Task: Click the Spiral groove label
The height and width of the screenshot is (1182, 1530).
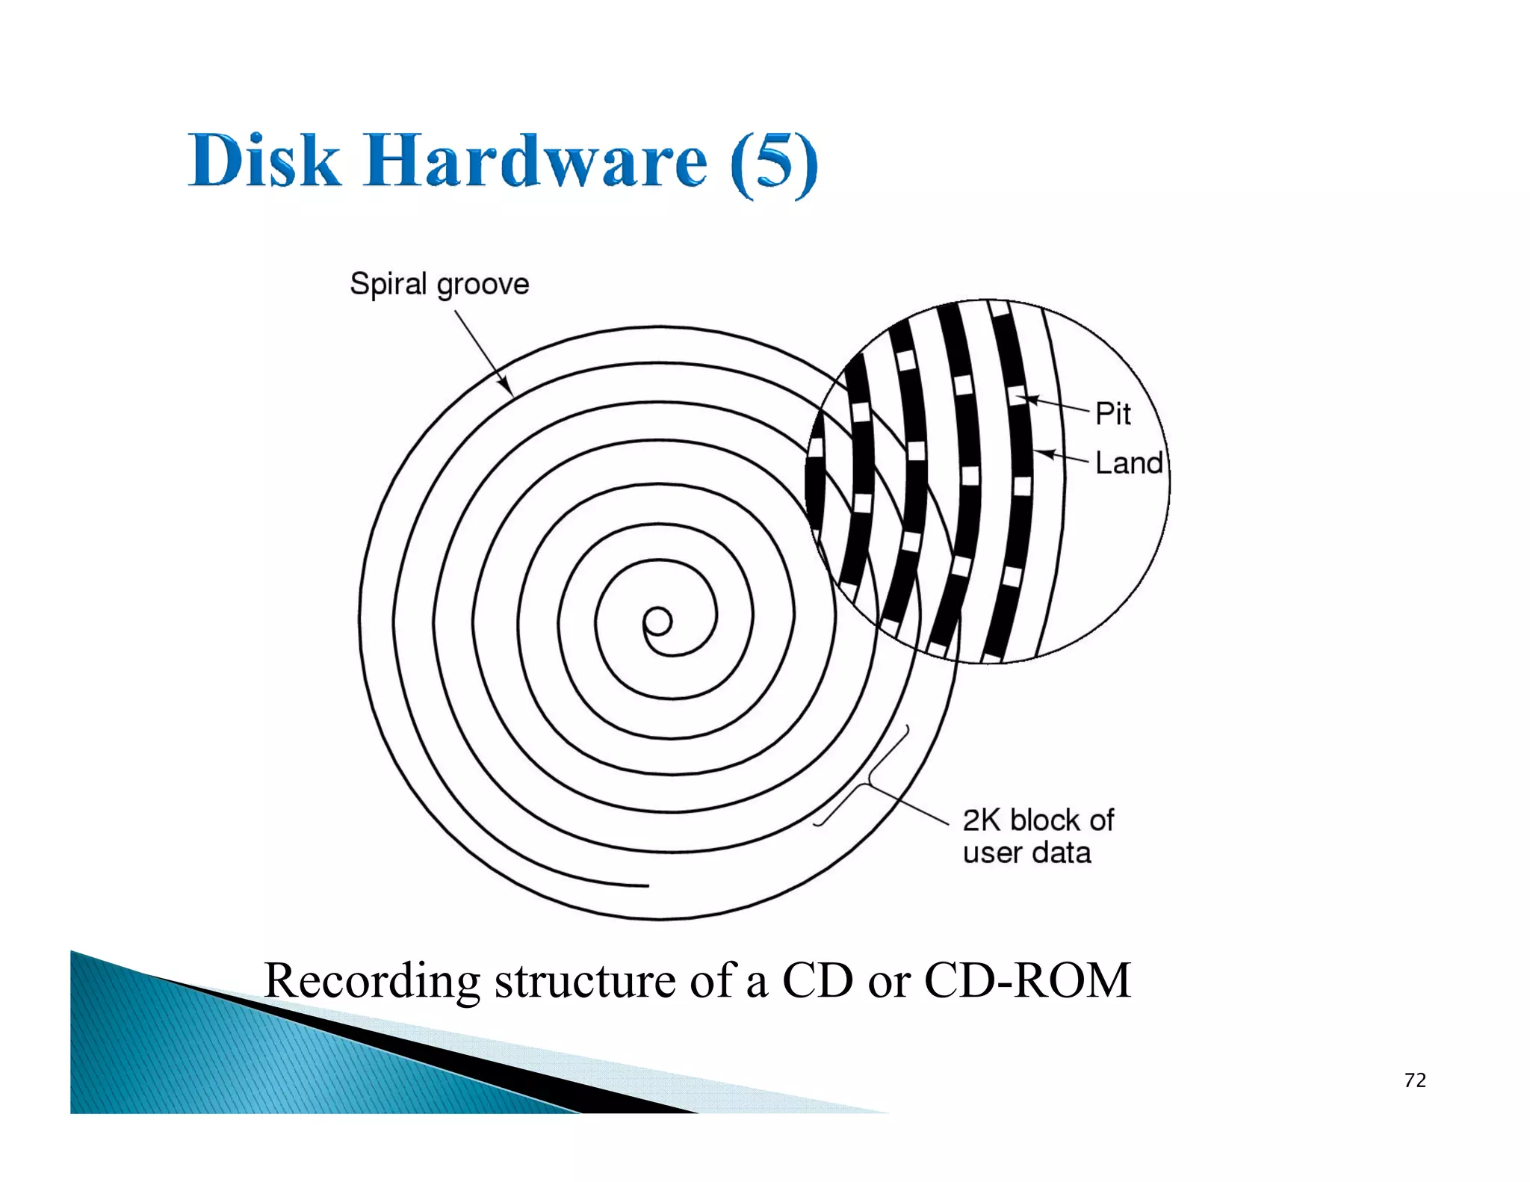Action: (439, 285)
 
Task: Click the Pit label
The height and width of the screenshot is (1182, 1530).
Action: (1112, 414)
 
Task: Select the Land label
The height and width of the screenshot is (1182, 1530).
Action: (1128, 463)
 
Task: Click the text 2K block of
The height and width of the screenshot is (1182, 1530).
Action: (1038, 820)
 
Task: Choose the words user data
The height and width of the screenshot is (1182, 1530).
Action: (1026, 853)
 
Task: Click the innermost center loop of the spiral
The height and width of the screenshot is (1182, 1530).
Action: (658, 622)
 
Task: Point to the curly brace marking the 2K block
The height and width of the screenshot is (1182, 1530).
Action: (867, 781)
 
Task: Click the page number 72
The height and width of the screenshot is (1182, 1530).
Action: (1415, 1080)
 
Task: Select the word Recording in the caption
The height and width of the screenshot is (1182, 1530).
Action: (372, 981)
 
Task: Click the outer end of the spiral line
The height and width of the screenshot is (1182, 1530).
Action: (646, 885)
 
